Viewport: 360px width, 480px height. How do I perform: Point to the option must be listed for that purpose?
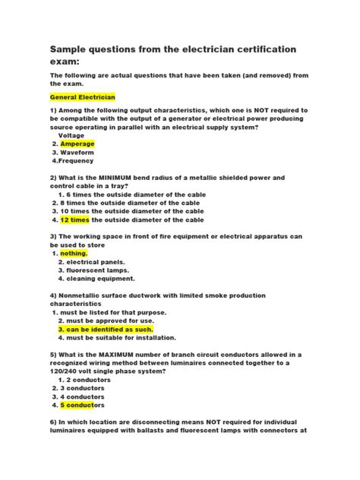click(x=113, y=312)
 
